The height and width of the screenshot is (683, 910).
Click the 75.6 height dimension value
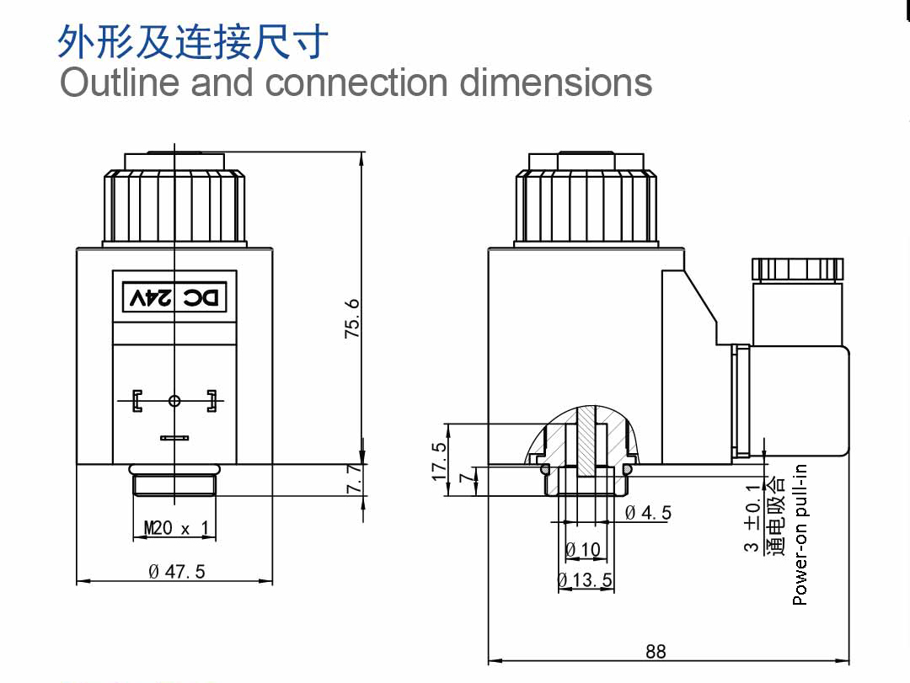click(351, 318)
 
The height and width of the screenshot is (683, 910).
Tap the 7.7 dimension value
click(355, 478)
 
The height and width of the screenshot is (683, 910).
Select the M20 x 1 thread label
click(176, 528)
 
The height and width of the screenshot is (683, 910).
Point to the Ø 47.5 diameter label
click(177, 572)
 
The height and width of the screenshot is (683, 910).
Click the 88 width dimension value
click(656, 652)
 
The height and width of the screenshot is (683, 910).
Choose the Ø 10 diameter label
click(583, 549)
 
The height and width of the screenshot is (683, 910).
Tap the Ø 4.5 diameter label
click(648, 512)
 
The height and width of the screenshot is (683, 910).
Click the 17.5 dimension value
click(439, 462)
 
